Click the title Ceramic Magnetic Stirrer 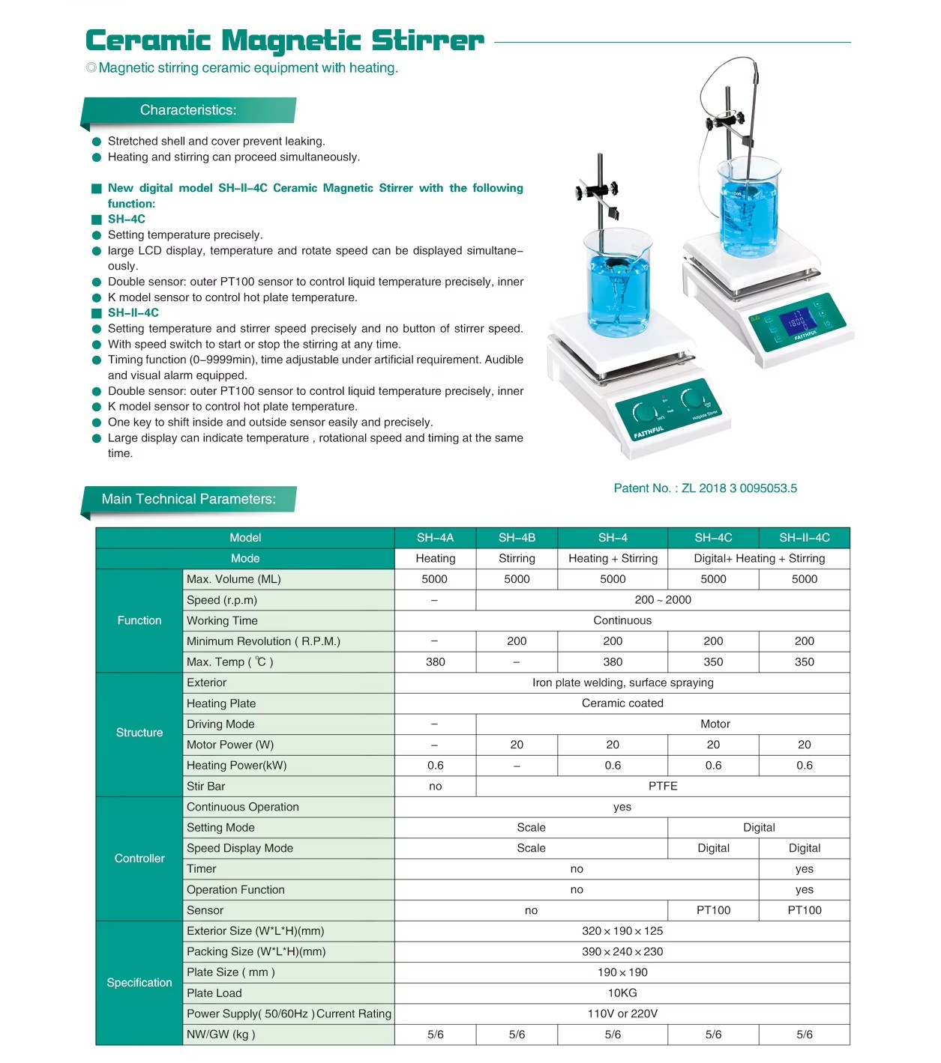point(285,40)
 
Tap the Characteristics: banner point(188,110)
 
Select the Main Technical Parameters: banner point(188,499)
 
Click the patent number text point(705,488)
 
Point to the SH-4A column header point(435,538)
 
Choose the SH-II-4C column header point(804,538)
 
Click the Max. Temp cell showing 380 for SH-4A point(435,662)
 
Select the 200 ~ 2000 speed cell point(663,600)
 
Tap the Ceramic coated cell point(622,703)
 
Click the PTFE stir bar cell point(663,787)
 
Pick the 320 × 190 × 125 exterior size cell point(622,931)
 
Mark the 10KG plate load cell point(622,993)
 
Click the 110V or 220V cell point(622,1014)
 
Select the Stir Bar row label point(206,787)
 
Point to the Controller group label point(139,858)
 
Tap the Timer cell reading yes point(804,869)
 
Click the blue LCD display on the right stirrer point(796,321)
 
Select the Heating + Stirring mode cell point(613,559)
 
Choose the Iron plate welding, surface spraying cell point(622,682)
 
